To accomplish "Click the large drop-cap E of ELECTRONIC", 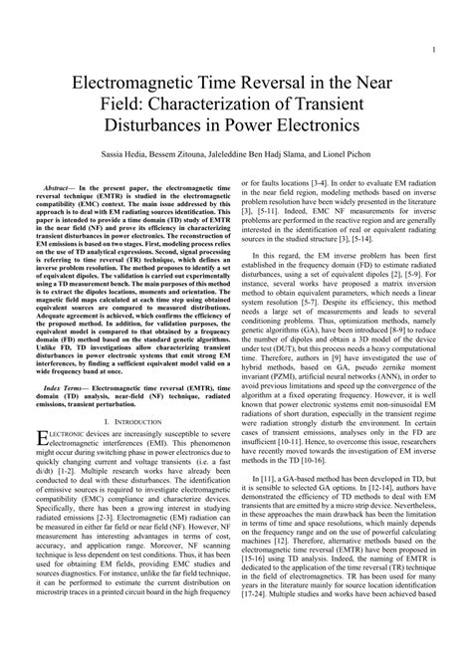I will [42, 467].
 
